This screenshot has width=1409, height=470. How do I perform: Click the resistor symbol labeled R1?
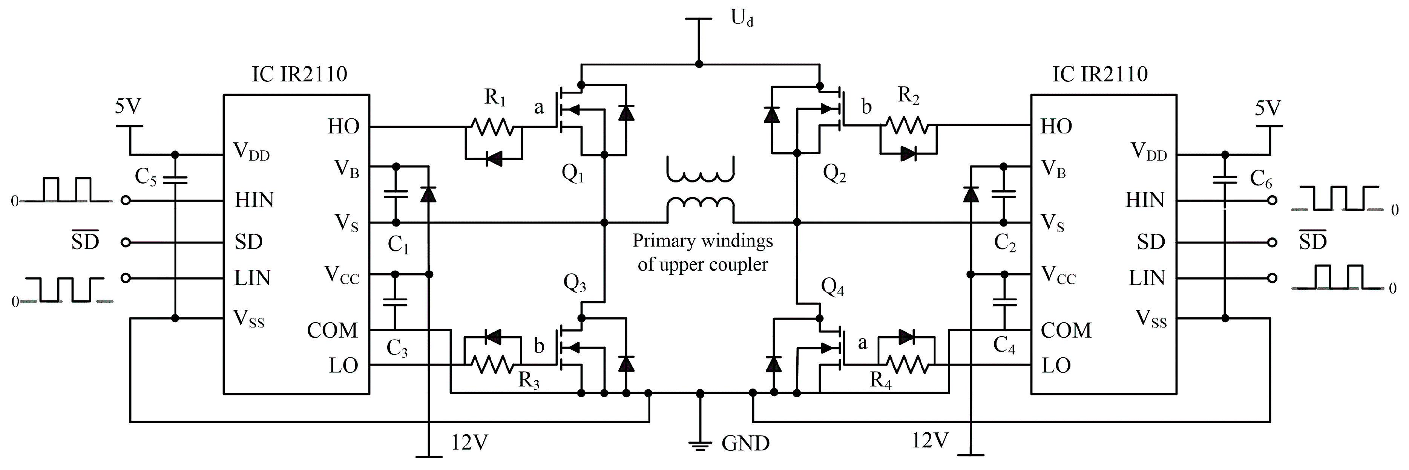(x=492, y=127)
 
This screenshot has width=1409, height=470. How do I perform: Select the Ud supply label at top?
(x=742, y=18)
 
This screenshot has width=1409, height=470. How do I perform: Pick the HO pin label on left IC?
(x=343, y=127)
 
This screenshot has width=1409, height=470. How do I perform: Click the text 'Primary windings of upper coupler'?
(x=703, y=253)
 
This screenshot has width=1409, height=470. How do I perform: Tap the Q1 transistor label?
(x=573, y=174)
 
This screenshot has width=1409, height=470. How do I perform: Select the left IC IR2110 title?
(x=299, y=74)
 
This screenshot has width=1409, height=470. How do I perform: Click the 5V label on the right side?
(x=1267, y=108)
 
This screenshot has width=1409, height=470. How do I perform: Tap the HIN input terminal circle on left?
(x=126, y=201)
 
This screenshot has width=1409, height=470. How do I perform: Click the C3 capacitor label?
(x=397, y=348)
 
